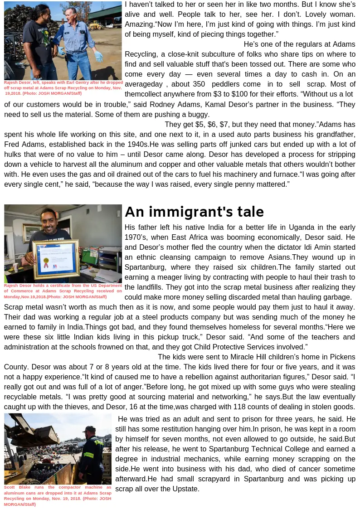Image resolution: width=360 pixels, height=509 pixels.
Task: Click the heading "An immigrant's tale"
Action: point(194,212)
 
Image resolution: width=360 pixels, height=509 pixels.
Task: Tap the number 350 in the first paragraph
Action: point(199,84)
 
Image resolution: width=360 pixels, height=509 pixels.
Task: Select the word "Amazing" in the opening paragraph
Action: point(139,24)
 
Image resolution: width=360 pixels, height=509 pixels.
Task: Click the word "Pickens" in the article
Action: point(342,357)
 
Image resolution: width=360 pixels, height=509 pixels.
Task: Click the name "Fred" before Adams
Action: point(12,145)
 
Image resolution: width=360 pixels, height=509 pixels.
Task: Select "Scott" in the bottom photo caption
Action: point(10,487)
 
